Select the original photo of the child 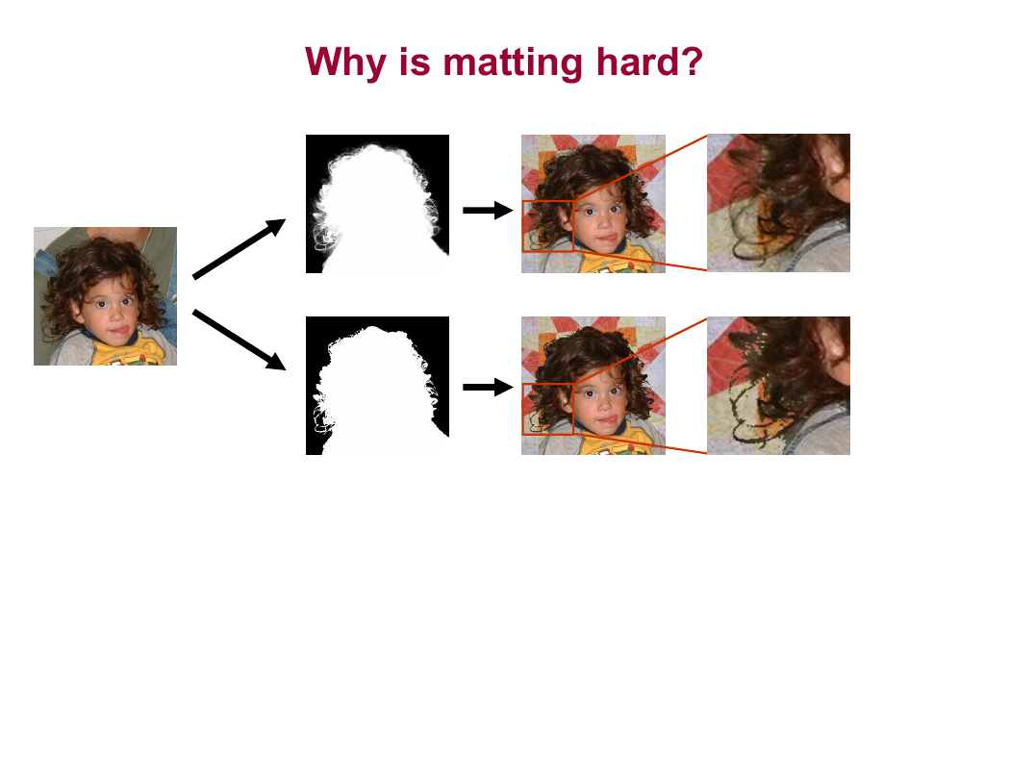pos(105,296)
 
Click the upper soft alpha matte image pos(377,204)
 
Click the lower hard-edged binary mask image pos(377,386)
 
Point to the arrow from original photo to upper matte pos(239,248)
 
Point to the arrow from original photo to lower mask pos(239,340)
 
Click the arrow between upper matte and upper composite pos(489,210)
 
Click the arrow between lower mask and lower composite pos(489,387)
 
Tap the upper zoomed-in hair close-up pos(778,203)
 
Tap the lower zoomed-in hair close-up pos(778,386)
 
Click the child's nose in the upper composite pos(603,224)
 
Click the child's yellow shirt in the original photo pos(129,352)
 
